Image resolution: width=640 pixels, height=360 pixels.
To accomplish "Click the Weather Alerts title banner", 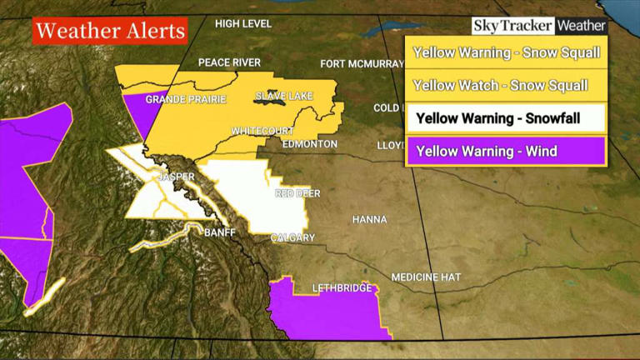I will (110, 32).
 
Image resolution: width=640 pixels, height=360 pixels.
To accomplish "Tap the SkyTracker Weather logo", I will (539, 26).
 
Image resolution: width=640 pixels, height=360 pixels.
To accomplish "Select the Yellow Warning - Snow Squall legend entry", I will (505, 53).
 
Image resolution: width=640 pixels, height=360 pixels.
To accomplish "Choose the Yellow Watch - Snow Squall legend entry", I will (500, 85).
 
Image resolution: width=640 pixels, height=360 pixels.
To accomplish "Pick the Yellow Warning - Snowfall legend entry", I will (505, 117).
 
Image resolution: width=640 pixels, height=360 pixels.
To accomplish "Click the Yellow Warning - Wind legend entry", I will (505, 151).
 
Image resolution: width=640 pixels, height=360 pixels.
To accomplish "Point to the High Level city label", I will (243, 23).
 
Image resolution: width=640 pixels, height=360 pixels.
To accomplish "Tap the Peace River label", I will (229, 63).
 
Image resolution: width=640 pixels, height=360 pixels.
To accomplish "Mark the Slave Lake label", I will (283, 97).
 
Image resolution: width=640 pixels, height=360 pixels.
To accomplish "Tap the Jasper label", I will (176, 177).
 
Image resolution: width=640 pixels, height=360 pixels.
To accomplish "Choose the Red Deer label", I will (297, 194).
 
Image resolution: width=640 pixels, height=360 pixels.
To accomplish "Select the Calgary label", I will (292, 238).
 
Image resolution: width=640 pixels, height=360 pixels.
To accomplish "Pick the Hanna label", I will (370, 220).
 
